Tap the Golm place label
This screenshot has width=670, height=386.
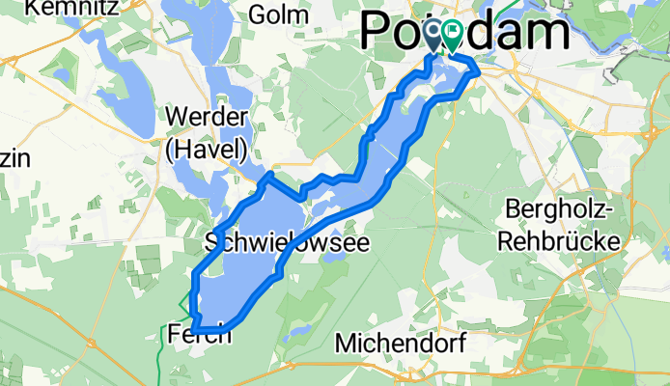pos(279,14)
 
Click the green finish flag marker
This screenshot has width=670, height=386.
pos(452,38)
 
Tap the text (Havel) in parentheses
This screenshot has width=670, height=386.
pos(208,149)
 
